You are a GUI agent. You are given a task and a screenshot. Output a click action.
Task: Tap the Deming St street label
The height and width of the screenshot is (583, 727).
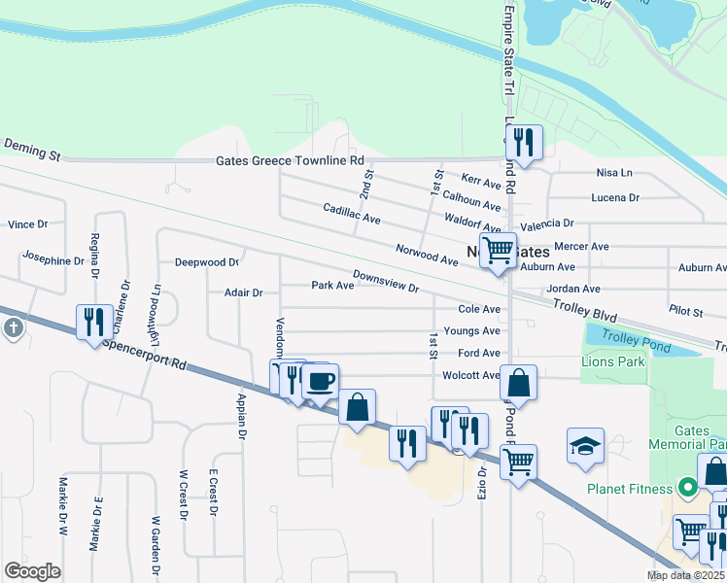click(32, 149)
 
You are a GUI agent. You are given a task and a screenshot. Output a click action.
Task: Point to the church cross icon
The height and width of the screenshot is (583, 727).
click(13, 328)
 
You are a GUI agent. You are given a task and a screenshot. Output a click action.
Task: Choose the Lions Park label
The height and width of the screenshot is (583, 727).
click(613, 361)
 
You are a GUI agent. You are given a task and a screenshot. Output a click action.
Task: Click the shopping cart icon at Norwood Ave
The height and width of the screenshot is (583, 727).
click(498, 250)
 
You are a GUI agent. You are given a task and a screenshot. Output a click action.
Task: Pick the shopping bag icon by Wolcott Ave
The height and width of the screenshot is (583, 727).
click(520, 384)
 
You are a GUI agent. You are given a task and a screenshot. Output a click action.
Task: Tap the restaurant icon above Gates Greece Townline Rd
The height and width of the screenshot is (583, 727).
click(524, 143)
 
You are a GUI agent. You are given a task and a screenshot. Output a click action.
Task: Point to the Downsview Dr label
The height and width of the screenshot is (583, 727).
click(385, 281)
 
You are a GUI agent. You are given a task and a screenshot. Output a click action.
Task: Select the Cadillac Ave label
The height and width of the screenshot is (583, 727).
click(352, 213)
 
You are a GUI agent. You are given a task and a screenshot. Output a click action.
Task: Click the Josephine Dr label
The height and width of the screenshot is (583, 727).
click(52, 260)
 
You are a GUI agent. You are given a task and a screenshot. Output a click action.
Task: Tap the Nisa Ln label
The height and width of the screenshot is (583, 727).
click(613, 174)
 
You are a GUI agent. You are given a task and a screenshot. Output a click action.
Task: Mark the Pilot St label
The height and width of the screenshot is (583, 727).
click(685, 311)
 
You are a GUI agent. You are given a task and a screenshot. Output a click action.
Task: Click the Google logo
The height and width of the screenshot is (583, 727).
click(32, 571)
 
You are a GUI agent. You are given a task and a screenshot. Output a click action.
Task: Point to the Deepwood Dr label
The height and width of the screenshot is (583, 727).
click(206, 262)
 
